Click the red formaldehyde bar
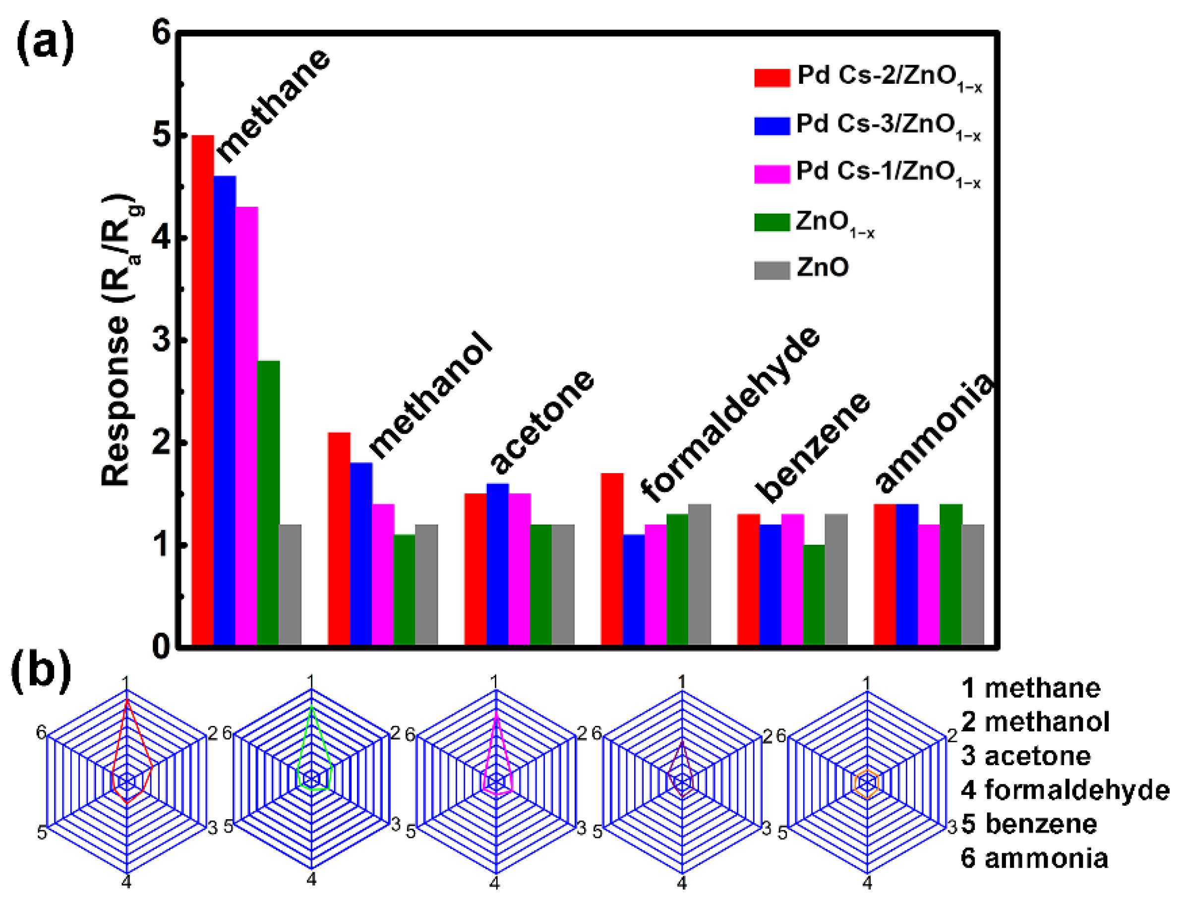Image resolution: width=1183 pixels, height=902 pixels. tap(611, 558)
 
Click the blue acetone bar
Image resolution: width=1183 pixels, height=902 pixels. tap(498, 564)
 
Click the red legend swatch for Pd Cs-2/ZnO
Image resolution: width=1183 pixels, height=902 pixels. tap(771, 78)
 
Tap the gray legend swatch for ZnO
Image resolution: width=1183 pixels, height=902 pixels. tap(771, 270)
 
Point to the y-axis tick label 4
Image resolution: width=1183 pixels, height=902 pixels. tap(161, 238)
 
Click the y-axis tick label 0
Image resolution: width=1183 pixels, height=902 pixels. tap(161, 647)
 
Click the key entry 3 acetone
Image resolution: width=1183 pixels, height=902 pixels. tap(1026, 756)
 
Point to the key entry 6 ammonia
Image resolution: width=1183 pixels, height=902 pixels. tap(1034, 858)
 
